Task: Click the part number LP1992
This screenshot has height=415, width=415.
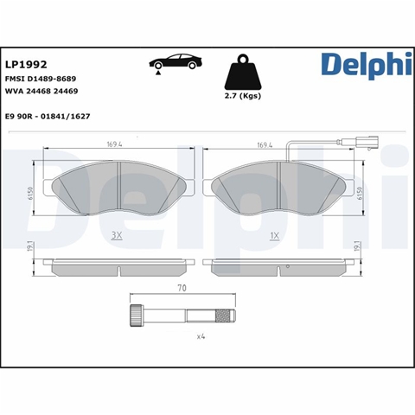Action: click(x=26, y=65)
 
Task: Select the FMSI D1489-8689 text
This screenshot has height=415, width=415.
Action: click(x=41, y=79)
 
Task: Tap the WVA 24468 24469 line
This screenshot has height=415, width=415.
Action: click(x=41, y=91)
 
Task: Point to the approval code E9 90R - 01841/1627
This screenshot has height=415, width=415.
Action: click(x=48, y=117)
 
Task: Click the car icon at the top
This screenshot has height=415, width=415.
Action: click(x=176, y=63)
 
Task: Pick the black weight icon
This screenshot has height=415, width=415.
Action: click(x=243, y=72)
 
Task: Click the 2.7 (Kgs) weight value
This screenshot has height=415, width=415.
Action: click(x=243, y=96)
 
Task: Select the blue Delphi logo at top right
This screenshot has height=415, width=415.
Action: click(x=367, y=66)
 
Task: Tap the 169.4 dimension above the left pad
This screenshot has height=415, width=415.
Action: click(x=114, y=144)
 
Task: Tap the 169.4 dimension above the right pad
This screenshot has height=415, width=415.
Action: click(x=265, y=144)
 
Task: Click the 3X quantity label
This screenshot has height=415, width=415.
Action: click(x=117, y=236)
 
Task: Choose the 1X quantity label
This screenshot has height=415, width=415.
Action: click(x=275, y=236)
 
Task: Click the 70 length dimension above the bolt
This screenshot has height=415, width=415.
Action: click(x=182, y=288)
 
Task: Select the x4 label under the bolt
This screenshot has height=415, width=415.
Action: click(x=201, y=336)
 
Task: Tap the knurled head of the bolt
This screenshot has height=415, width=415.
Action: click(x=136, y=316)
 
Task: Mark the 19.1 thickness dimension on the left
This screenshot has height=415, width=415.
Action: click(x=32, y=246)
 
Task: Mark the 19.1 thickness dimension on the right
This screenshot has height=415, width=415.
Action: click(x=359, y=246)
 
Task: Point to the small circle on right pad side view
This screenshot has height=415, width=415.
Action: click(x=288, y=266)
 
